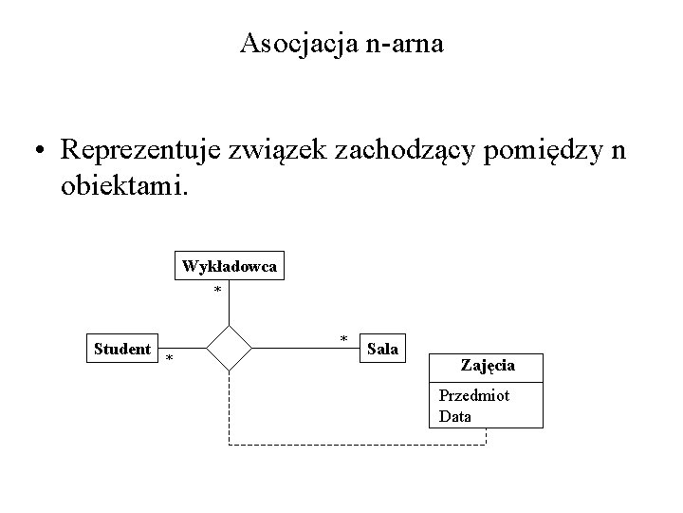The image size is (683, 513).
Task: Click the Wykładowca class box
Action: click(230, 267)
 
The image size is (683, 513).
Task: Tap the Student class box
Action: click(122, 349)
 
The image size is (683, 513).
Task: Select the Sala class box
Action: click(382, 349)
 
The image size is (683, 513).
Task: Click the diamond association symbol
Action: click(230, 348)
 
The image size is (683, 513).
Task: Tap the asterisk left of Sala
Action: click(343, 339)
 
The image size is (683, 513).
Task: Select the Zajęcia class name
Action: click(488, 365)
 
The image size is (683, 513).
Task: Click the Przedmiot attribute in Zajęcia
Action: click(473, 395)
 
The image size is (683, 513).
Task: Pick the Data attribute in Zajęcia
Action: click(455, 416)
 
